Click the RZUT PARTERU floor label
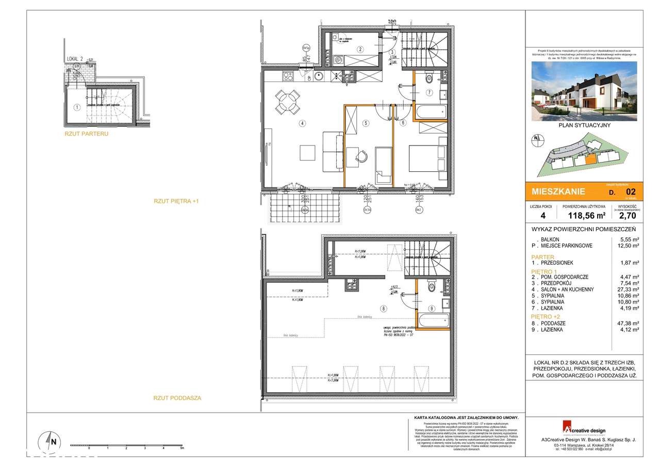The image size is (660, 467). point(87,134)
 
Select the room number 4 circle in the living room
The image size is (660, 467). point(302,123)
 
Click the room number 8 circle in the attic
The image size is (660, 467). point(383,309)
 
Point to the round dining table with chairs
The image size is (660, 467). point(288,101)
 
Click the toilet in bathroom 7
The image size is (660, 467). point(428,80)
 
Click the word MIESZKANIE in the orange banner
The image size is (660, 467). point(558,191)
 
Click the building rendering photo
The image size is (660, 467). point(584,91)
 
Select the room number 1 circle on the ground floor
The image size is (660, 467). point(77,108)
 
